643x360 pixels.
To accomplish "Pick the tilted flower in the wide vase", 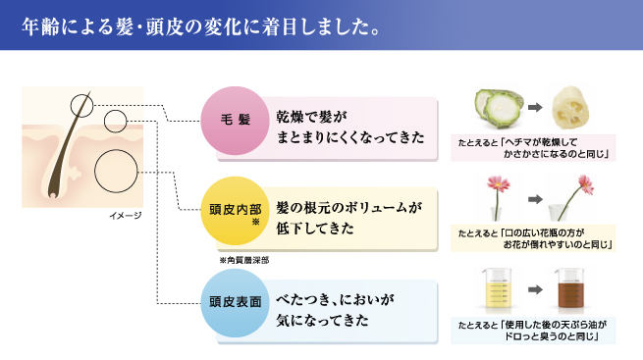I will pos(569,201).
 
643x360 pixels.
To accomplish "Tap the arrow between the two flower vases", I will pos(535,200).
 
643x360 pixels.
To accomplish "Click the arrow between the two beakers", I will pos(535,290).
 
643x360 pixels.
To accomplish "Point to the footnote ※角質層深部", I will pos(243,261).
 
